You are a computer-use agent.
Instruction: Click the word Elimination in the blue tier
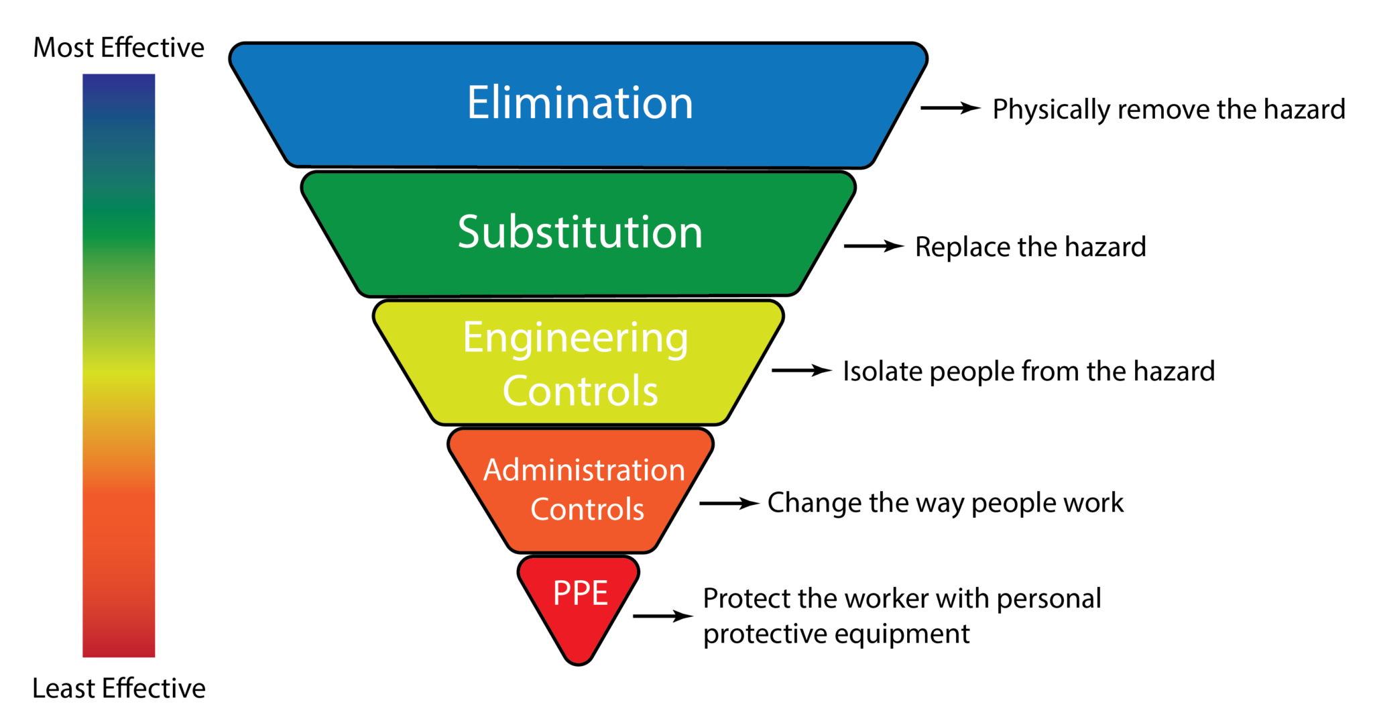coord(580,103)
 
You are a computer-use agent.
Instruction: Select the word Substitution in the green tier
coord(580,232)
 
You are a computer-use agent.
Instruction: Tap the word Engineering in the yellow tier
coord(575,338)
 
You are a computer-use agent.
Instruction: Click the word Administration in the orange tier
coord(584,470)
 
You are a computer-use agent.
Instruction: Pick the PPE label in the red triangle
coord(580,593)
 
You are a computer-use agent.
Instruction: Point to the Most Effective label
coord(119,48)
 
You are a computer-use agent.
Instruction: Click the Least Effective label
coord(119,688)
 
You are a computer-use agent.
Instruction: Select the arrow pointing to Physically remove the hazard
coord(950,108)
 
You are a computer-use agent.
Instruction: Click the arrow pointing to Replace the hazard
coord(874,246)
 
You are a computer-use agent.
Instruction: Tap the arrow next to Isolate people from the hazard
coord(801,370)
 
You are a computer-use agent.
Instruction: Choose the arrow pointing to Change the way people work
coord(729,503)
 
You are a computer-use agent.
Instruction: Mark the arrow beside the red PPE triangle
coord(662,616)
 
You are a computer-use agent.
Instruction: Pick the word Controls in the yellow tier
coord(581,391)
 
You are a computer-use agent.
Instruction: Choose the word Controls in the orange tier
coord(587,510)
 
